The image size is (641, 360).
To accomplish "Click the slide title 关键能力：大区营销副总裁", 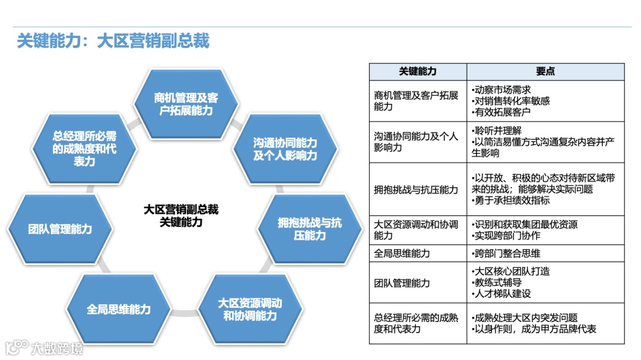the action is click(x=113, y=41).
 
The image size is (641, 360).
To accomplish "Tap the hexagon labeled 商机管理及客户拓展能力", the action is click(x=185, y=104).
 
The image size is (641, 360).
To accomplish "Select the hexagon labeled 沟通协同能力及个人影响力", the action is click(x=285, y=149).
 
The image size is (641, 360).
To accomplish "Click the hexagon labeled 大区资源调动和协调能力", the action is click(x=249, y=309).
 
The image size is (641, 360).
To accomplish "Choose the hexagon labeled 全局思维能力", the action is click(x=119, y=309).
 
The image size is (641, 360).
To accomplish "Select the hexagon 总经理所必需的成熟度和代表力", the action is click(x=84, y=149).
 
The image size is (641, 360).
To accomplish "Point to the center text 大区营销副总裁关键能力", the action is click(x=181, y=216).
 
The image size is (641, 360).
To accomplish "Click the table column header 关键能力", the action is click(x=417, y=71).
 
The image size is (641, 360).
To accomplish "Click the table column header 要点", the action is click(x=545, y=71).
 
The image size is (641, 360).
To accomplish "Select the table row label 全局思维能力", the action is click(x=402, y=253).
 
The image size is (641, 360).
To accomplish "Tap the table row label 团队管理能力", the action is click(x=402, y=283).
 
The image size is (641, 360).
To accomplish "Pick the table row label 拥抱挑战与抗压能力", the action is click(x=416, y=189).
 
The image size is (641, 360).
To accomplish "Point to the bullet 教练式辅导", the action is click(x=496, y=282).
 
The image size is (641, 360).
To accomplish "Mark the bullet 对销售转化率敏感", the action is click(x=510, y=101).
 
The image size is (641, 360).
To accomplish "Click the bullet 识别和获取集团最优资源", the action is click(x=525, y=225).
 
